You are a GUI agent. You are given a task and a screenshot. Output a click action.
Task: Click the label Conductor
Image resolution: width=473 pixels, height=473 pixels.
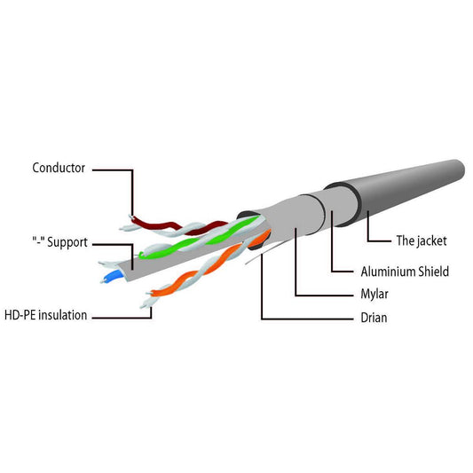(59, 168)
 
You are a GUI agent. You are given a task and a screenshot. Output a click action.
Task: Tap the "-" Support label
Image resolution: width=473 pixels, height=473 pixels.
(59, 242)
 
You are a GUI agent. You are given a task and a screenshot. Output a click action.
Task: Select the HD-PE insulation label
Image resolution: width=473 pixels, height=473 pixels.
(45, 315)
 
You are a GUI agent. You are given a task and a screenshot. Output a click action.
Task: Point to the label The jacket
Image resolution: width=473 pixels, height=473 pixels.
(422, 240)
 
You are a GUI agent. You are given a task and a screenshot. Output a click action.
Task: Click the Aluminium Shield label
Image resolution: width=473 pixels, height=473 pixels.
(405, 272)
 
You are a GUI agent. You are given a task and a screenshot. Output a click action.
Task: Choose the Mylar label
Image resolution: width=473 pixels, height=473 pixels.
(374, 294)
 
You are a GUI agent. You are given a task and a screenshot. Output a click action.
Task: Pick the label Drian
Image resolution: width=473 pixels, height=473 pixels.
(374, 318)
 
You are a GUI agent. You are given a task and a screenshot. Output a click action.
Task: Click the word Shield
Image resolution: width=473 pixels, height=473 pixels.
(433, 272)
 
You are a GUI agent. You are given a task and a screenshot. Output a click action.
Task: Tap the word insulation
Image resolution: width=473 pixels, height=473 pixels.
(63, 315)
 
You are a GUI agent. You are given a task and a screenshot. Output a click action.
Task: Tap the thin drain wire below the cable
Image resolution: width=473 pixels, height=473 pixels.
(265, 252)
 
